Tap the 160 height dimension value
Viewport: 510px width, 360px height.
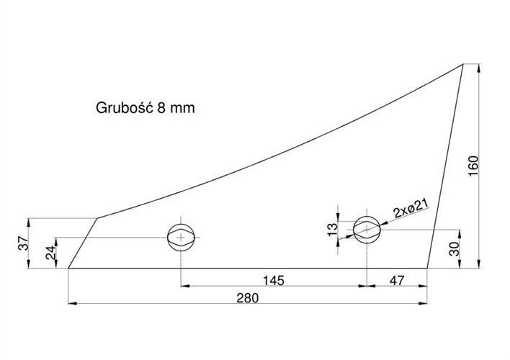pyautogui.click(x=473, y=166)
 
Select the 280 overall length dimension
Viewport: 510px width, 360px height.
pyautogui.click(x=248, y=298)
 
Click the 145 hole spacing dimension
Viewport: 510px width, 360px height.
pyautogui.click(x=274, y=280)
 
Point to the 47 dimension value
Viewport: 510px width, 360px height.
pyautogui.click(x=397, y=280)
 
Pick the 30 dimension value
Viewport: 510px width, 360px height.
pyautogui.click(x=455, y=249)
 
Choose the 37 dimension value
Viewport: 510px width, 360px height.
pyautogui.click(x=24, y=243)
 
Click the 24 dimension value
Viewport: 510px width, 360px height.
pyautogui.click(x=50, y=253)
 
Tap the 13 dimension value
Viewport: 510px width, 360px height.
pyautogui.click(x=333, y=229)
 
